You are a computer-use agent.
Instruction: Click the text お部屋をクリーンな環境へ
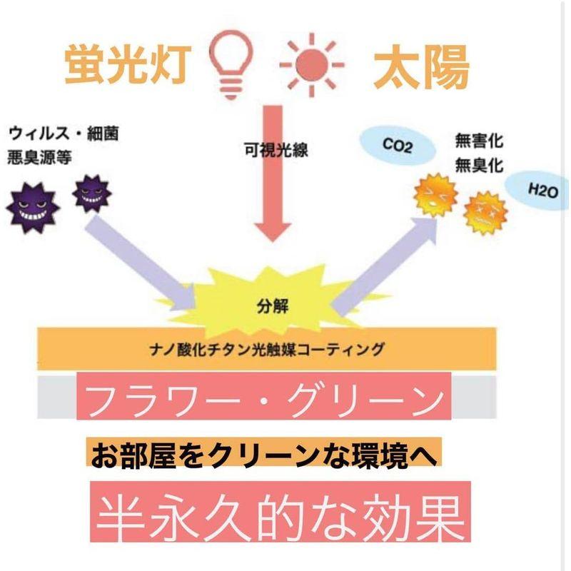tap(264, 455)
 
